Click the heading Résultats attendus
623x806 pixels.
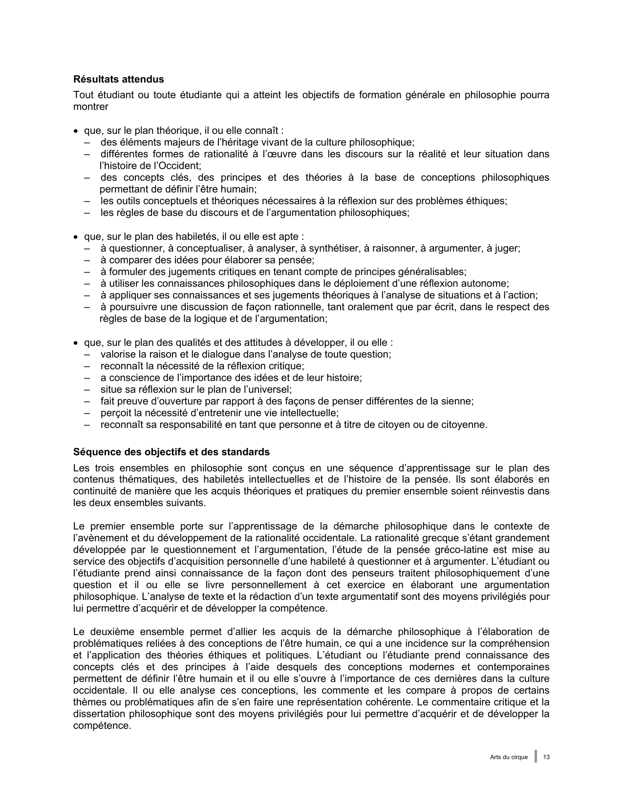click(118, 79)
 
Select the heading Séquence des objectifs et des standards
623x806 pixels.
click(171, 452)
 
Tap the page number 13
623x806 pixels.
click(546, 757)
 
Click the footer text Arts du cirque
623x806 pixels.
click(509, 757)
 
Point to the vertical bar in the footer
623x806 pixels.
click(536, 756)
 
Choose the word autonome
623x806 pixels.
click(486, 283)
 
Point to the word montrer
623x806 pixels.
click(90, 106)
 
